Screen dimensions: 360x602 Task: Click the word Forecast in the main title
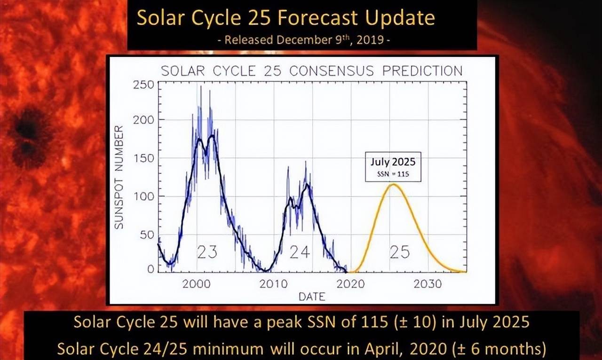pyautogui.click(x=320, y=18)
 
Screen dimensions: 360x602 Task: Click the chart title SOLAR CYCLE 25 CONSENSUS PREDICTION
pyautogui.click(x=311, y=71)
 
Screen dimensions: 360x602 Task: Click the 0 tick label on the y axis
pyautogui.click(x=151, y=269)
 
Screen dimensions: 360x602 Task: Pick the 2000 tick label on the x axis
pyautogui.click(x=197, y=284)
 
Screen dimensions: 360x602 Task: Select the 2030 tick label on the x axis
pyautogui.click(x=428, y=284)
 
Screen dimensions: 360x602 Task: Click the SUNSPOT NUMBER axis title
pyautogui.click(x=119, y=177)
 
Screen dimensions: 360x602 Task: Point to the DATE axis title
pyautogui.click(x=311, y=296)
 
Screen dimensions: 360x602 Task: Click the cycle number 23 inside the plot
pyautogui.click(x=206, y=252)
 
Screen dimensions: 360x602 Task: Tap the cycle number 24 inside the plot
pyautogui.click(x=300, y=252)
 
